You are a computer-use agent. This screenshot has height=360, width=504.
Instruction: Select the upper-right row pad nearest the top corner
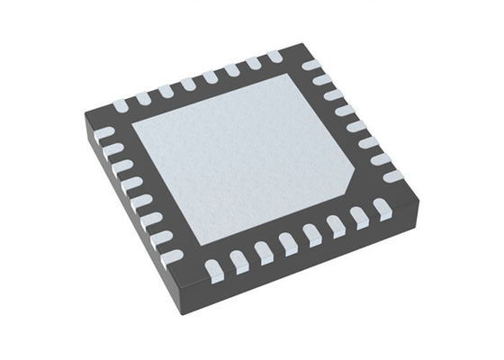[311, 66]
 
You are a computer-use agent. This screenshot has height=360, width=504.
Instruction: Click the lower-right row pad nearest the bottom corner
[214, 268]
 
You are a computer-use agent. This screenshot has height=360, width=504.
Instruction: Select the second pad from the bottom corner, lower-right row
[238, 261]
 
